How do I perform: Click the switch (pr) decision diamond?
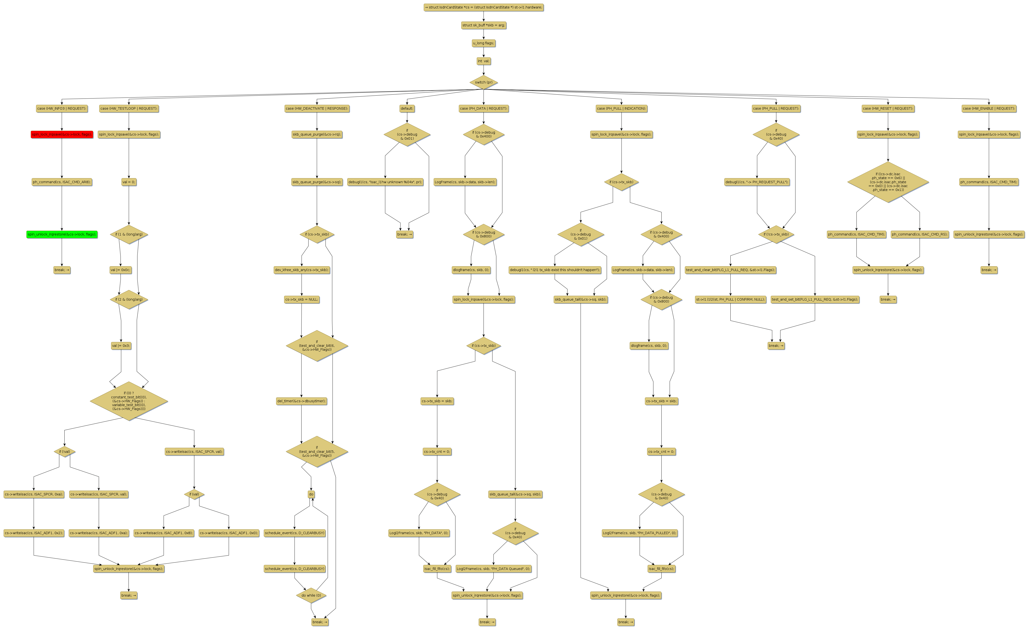point(483,82)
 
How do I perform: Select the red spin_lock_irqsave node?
point(62,135)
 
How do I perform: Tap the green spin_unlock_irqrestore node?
point(62,234)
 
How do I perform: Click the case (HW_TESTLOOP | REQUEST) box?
point(129,109)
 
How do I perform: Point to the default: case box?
point(407,109)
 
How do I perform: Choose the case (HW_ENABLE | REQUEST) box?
point(989,109)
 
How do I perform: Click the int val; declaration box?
point(483,61)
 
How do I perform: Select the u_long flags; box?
point(483,43)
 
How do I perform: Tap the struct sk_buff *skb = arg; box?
point(483,25)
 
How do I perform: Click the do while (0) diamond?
point(311,595)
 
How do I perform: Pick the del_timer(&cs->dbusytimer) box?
point(302,401)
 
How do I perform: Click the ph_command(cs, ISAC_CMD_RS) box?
point(920,234)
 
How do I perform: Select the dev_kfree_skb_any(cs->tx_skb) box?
point(302,270)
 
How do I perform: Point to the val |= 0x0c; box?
point(120,270)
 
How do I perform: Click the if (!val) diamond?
point(64,452)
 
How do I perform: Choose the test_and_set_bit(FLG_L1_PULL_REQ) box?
point(815,300)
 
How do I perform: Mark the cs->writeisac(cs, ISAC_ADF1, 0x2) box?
point(33,533)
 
